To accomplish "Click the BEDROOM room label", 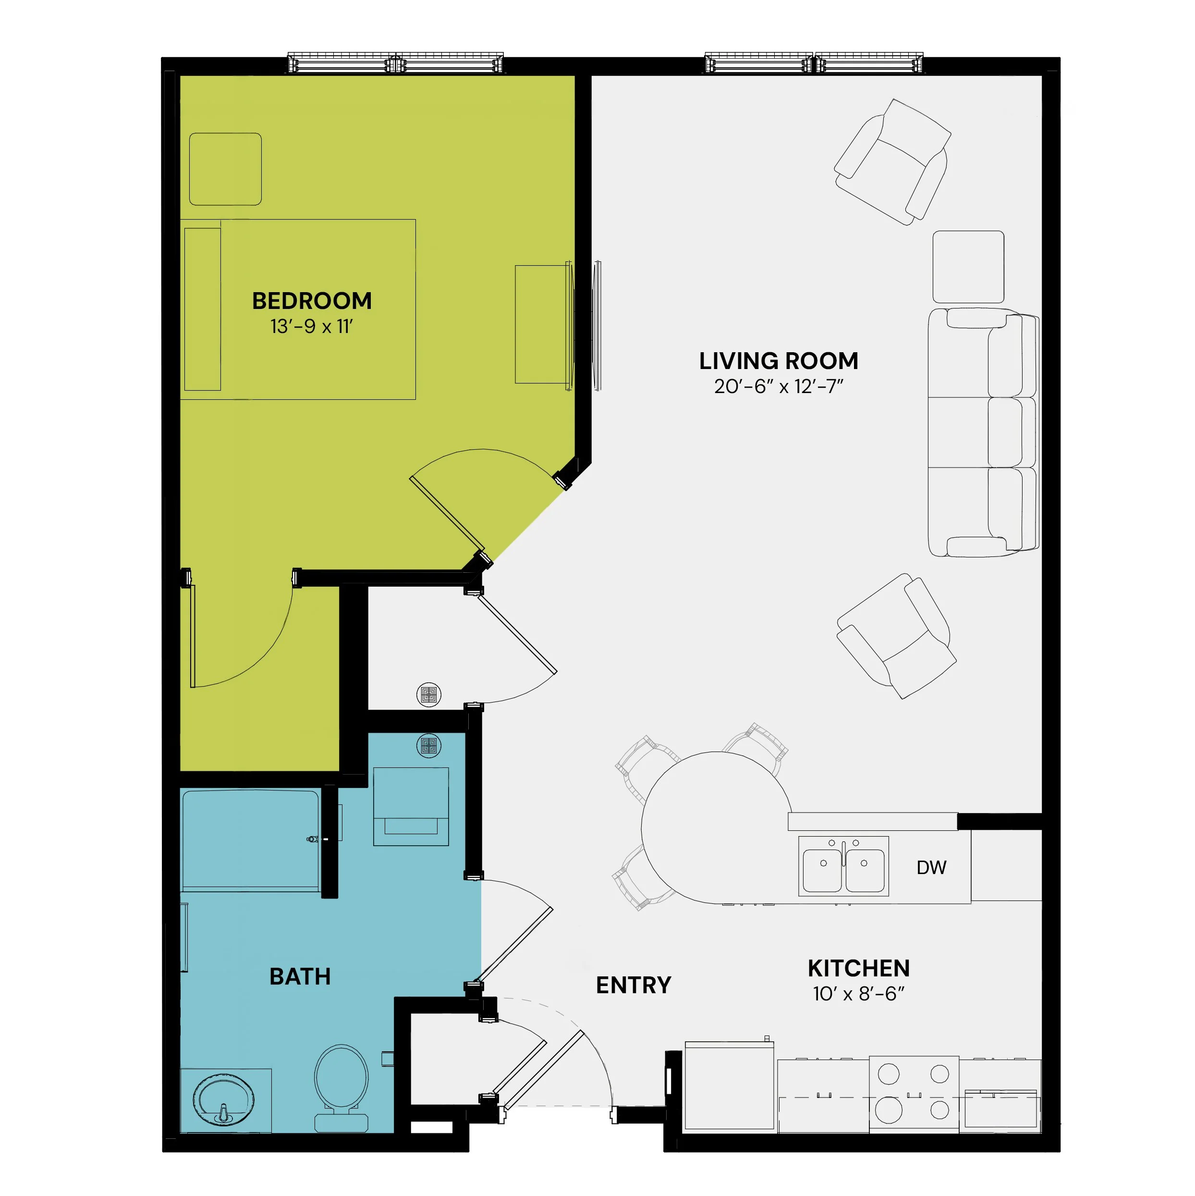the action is point(312,301).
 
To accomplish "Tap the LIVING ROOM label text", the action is point(779,361).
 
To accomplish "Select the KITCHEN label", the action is point(859,968).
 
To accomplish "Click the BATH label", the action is point(300,977).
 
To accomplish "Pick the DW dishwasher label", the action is point(931,867).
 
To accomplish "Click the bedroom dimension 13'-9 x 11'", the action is point(311,326).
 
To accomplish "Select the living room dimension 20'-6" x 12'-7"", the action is point(779,386).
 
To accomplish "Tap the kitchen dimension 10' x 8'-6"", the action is point(859,994).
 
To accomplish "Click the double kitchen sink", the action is point(843,866).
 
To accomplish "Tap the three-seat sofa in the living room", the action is point(983,432).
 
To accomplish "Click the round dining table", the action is point(716,827).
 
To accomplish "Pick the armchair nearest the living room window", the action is point(892,162).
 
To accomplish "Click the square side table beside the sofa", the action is point(968,267).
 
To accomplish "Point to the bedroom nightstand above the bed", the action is point(225,169).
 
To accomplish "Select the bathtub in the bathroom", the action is point(250,841).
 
